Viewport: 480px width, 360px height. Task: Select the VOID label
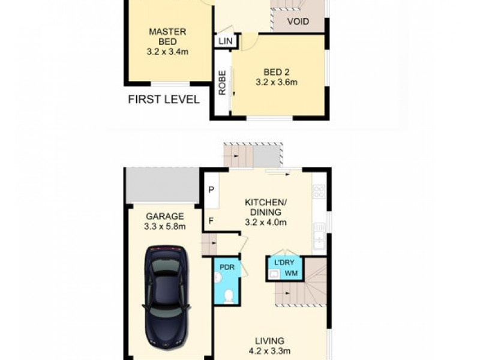298,22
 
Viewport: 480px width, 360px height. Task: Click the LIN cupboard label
226,41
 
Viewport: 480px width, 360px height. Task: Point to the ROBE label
222,83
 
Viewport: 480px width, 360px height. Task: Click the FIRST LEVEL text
163,100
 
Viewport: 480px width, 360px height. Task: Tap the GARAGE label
164,216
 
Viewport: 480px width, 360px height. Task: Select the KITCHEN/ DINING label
265,207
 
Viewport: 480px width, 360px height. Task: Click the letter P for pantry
211,190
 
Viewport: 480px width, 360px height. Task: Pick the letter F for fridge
211,220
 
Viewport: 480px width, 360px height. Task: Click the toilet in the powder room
228,296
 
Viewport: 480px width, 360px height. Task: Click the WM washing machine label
291,274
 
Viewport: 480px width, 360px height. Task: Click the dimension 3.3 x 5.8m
164,226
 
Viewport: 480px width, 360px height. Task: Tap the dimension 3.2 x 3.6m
277,83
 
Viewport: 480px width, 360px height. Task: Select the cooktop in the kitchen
319,191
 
